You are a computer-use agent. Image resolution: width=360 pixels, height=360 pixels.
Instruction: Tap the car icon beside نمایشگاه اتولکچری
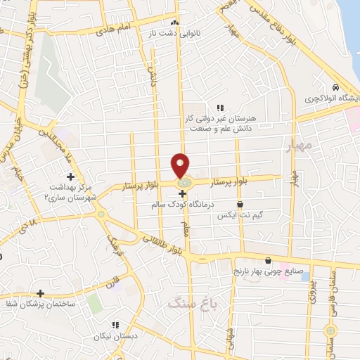(x=335, y=86)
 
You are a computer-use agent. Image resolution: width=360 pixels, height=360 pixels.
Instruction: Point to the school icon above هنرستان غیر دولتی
(x=220, y=108)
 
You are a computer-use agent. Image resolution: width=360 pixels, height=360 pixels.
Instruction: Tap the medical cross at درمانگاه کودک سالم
(x=182, y=193)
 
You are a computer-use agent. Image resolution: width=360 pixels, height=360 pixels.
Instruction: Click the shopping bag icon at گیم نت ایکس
(x=240, y=205)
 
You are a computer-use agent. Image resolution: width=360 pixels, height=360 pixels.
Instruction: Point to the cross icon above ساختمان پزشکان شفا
(x=41, y=293)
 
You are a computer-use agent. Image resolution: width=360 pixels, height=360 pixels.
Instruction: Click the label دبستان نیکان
(x=111, y=337)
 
